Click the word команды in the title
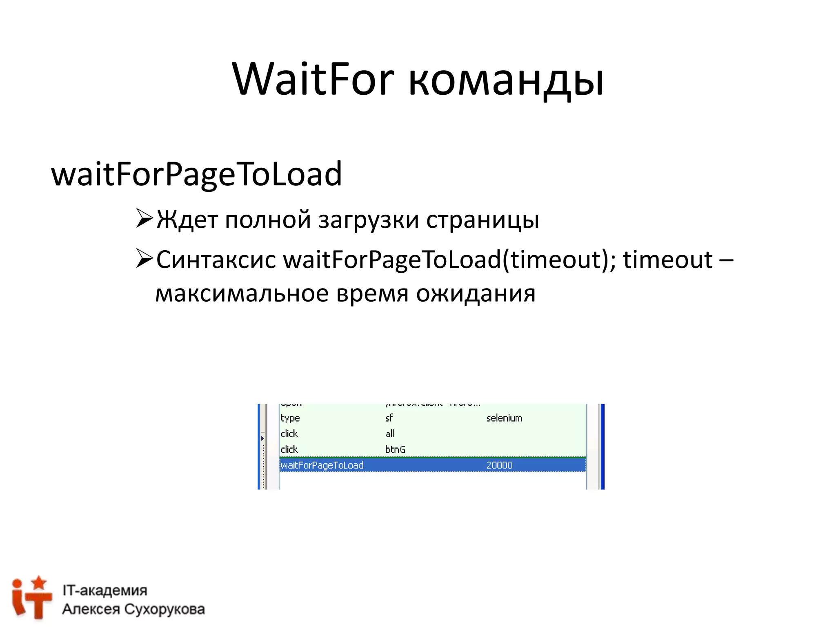(x=506, y=80)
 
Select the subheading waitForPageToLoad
(x=196, y=174)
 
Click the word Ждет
(x=187, y=220)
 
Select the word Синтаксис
(x=216, y=260)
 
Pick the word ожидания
(x=476, y=293)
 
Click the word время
(x=372, y=293)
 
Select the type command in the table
(x=290, y=418)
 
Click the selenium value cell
(x=504, y=418)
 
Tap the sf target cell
(x=389, y=418)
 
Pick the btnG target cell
(x=395, y=449)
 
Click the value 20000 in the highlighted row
(x=499, y=465)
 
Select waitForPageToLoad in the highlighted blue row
(x=322, y=465)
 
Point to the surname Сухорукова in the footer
(x=165, y=609)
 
